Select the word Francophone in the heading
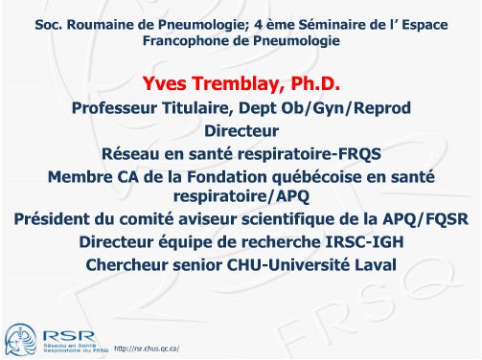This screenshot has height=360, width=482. [x=187, y=41]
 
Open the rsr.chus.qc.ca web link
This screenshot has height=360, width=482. [x=147, y=347]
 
